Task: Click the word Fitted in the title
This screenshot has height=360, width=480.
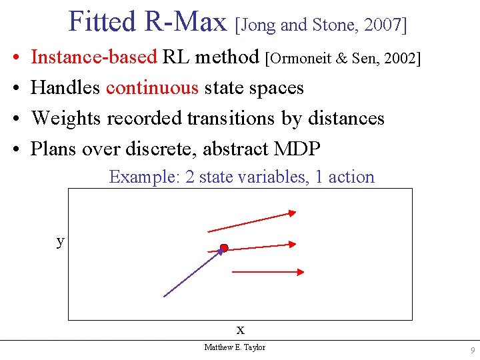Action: (101, 21)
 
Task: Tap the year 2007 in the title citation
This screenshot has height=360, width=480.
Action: (383, 25)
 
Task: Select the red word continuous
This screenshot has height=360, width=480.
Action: (152, 88)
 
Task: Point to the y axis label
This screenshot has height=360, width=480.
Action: (61, 241)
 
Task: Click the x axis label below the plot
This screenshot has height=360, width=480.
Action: (241, 329)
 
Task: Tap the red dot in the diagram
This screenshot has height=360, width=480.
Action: (224, 248)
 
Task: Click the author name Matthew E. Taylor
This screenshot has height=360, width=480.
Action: (235, 347)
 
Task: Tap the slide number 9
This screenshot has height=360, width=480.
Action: (472, 351)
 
